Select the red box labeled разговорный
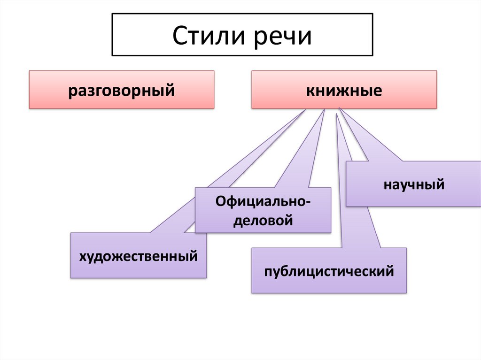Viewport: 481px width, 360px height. point(122,90)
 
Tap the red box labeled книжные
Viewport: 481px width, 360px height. point(344,90)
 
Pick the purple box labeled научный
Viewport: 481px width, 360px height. point(413,183)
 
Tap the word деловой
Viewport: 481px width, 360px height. point(264,220)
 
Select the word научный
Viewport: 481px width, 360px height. point(413,184)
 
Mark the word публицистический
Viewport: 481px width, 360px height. point(329,271)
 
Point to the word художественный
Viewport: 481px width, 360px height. point(138,256)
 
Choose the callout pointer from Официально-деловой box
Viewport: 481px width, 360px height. point(305,155)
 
